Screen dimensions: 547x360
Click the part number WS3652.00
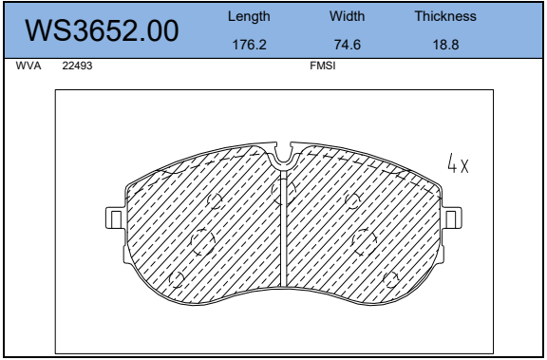tap(102, 30)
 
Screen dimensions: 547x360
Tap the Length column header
tap(249, 16)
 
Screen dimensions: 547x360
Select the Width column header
tap(347, 16)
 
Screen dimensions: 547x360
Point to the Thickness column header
tap(445, 16)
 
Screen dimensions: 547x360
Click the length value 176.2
tap(249, 45)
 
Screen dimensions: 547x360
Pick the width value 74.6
tap(348, 45)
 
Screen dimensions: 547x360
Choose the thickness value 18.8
tap(445, 45)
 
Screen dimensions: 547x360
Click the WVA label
tap(28, 66)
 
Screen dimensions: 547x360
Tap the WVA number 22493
tap(77, 66)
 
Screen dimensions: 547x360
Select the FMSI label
tap(323, 66)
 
